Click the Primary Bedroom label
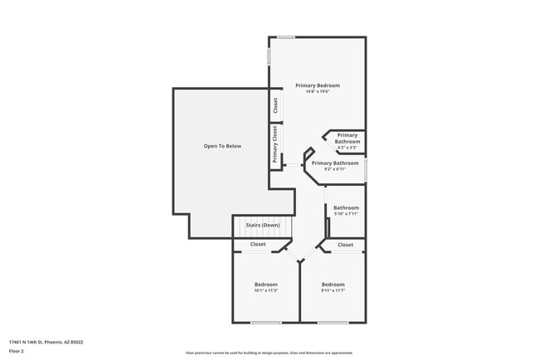[318, 85]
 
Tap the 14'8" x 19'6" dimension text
[318, 92]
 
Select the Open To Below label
[222, 146]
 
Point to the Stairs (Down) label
[263, 226]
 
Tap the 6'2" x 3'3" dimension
[347, 148]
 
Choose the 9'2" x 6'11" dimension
[335, 169]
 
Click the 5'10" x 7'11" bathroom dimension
[346, 214]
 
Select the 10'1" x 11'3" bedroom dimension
[266, 290]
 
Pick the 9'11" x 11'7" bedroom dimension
[333, 290]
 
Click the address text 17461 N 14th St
[46, 342]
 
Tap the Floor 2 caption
[17, 351]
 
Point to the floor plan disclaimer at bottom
[269, 353]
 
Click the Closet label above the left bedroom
[258, 245]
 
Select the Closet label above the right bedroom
[346, 245]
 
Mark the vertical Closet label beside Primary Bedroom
[275, 106]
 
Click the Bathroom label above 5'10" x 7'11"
[346, 207]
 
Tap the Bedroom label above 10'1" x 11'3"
[266, 285]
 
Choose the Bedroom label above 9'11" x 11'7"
[333, 285]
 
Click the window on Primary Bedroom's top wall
[286, 36]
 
